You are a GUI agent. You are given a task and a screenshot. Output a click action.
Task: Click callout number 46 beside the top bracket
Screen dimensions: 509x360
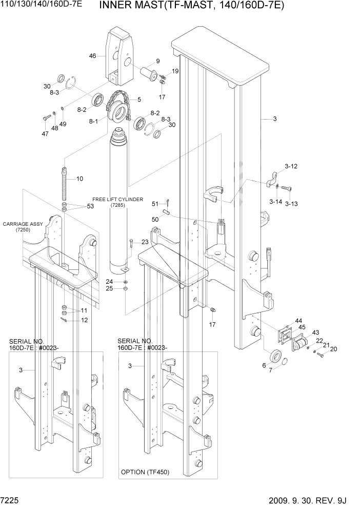[x=92, y=56]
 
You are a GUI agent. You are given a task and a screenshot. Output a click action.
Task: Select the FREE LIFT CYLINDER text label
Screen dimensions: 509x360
[x=117, y=199]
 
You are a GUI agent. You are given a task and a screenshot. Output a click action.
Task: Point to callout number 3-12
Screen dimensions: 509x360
[x=291, y=167]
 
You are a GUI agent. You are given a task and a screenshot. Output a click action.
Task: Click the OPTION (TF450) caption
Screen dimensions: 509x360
[x=145, y=472]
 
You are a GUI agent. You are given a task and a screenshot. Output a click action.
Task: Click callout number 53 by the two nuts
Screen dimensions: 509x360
[x=90, y=206]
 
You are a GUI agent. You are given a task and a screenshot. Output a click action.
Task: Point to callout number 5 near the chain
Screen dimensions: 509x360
[x=139, y=99]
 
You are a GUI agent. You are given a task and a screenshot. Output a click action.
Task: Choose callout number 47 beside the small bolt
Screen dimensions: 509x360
[x=45, y=134]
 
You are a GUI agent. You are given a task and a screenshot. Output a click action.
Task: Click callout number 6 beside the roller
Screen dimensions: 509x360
[x=264, y=365]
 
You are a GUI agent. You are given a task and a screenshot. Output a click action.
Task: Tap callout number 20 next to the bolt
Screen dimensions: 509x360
[x=334, y=349]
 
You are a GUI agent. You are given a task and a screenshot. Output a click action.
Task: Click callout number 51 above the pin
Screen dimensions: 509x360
[x=155, y=204]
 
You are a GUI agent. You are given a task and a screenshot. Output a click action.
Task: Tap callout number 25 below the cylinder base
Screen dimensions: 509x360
[x=109, y=288]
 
